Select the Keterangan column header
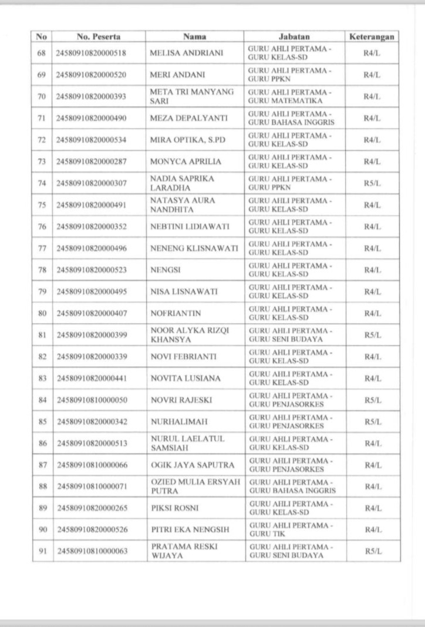pyautogui.click(x=371, y=37)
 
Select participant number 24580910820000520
pyautogui.click(x=92, y=75)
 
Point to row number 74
pyautogui.click(x=42, y=183)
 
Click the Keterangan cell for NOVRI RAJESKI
pyautogui.click(x=371, y=400)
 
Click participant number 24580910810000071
pyautogui.click(x=92, y=487)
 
